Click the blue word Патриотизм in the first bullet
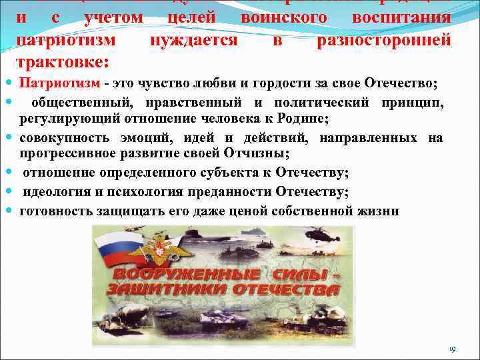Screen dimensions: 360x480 59,83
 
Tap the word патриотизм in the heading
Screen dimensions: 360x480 65,41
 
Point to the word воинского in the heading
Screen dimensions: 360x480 284,19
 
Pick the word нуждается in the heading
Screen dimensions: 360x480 193,41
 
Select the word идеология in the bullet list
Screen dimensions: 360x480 58,193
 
